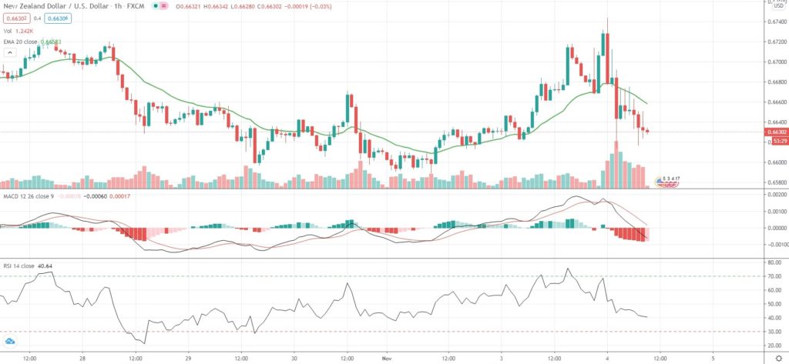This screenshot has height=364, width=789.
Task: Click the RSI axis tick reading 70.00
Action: [x=771, y=276]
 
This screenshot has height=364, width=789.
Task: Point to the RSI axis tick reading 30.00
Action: [x=771, y=332]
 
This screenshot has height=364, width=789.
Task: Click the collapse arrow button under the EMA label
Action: [x=10, y=52]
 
